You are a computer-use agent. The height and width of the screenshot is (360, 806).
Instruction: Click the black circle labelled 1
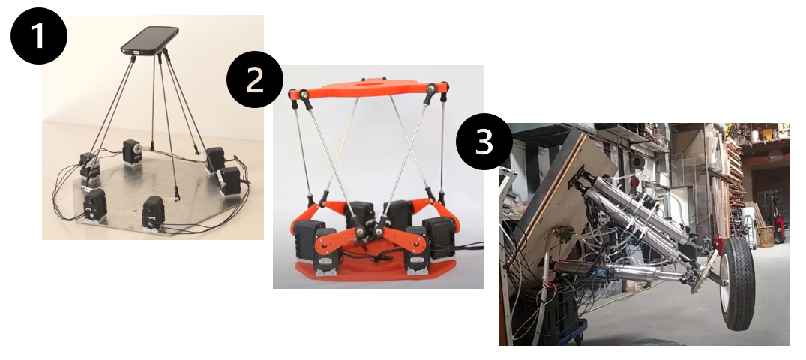pos(39,36)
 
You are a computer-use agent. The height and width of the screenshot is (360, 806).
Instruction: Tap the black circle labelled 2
pos(254,79)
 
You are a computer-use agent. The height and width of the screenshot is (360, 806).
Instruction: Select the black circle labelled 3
pos(484,142)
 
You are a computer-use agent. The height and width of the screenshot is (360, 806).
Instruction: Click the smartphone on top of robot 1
pos(150,40)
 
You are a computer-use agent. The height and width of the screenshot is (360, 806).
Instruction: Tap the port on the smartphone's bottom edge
pos(135,52)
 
